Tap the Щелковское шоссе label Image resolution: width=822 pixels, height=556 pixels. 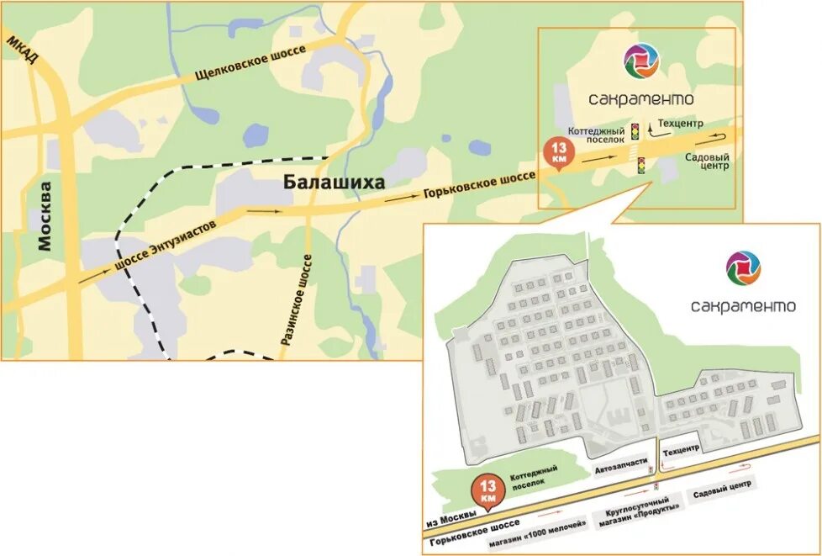click(x=244, y=66)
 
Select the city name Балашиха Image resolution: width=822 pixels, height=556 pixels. click(x=334, y=183)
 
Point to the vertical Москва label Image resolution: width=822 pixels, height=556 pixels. click(x=46, y=215)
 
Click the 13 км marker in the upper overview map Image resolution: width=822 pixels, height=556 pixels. click(x=559, y=153)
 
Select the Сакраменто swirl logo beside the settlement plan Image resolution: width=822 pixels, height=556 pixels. click(x=743, y=267)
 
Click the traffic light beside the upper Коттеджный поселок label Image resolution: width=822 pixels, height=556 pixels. click(x=635, y=131)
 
